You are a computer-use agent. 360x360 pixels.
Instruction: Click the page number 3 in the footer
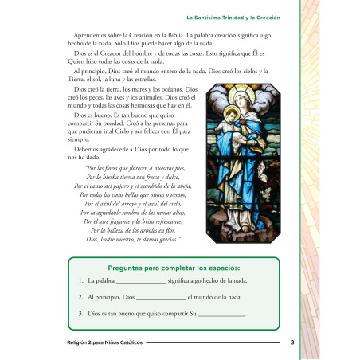tap(292, 342)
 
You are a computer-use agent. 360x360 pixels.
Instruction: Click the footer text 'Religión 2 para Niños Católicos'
tap(105, 342)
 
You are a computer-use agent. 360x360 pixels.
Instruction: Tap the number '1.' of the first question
tap(82, 281)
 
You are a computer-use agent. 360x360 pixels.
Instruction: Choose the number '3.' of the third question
tap(82, 313)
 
